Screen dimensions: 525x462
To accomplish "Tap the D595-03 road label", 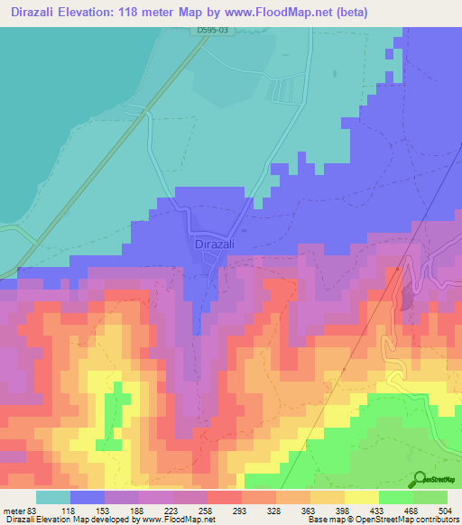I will click(214, 31).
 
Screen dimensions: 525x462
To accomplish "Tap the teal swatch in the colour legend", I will click(53, 496).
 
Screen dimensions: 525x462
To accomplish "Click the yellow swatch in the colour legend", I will click(362, 496).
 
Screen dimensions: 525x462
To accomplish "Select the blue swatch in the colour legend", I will click(88, 496).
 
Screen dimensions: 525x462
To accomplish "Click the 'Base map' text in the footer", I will click(323, 520).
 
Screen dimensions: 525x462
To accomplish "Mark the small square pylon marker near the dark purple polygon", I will click(397, 268).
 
